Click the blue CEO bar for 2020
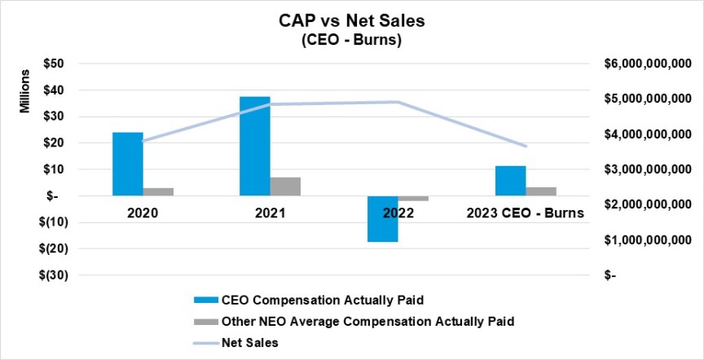click(x=127, y=164)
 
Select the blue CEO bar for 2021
click(x=254, y=146)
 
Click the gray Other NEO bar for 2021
click(x=285, y=187)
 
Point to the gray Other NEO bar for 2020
click(x=158, y=191)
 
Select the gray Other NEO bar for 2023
click(x=541, y=191)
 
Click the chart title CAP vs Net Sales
click(x=351, y=21)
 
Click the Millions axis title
click(x=24, y=93)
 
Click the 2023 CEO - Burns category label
click(x=526, y=214)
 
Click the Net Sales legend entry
click(x=250, y=343)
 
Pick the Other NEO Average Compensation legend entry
click(x=368, y=321)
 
